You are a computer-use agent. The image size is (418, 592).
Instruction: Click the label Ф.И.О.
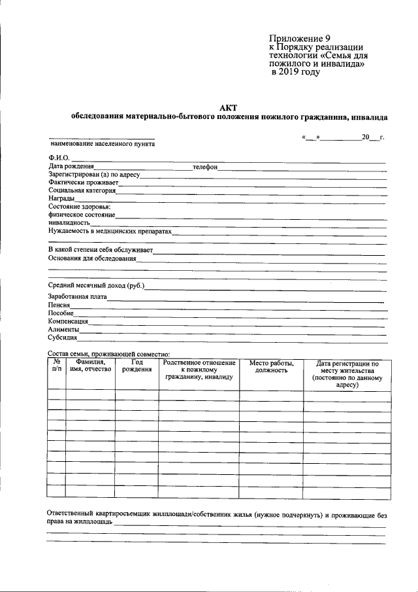pyautogui.click(x=59, y=158)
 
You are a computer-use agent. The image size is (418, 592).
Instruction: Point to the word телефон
pyautogui.click(x=204, y=167)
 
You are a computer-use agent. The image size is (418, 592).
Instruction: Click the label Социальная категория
pyautogui.click(x=82, y=190)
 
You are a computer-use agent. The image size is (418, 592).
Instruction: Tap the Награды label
pyautogui.click(x=61, y=199)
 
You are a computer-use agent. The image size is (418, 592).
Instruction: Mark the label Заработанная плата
pyautogui.click(x=78, y=297)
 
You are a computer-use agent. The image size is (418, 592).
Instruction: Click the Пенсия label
pyautogui.click(x=59, y=305)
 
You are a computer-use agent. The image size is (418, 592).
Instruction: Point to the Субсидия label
pyautogui.click(x=63, y=338)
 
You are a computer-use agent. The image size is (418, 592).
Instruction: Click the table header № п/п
pyautogui.click(x=57, y=365)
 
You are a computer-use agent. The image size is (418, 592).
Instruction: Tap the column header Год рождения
pyautogui.click(x=137, y=365)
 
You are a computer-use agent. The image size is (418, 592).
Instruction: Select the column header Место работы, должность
pyautogui.click(x=271, y=366)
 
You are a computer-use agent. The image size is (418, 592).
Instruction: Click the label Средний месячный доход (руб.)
pyautogui.click(x=96, y=286)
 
